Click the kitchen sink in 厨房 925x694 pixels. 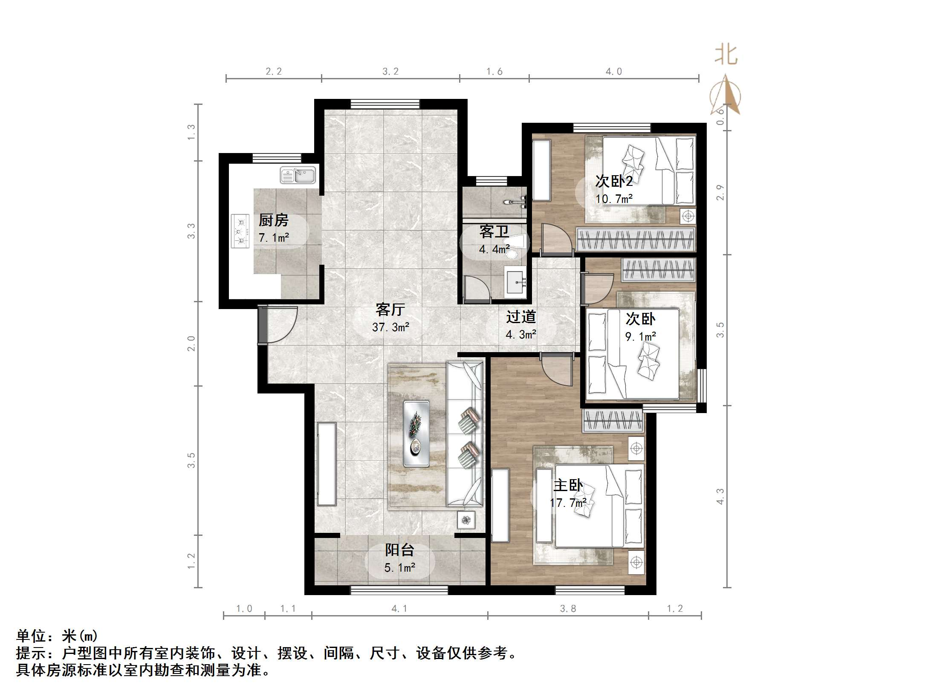pyautogui.click(x=298, y=175)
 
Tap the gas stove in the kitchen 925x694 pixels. pyautogui.click(x=240, y=231)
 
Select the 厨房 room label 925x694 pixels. pyautogui.click(x=273, y=220)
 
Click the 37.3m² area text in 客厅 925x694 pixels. pyautogui.click(x=390, y=327)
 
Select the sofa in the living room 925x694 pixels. pyautogui.click(x=465, y=434)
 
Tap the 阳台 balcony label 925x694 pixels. pyautogui.click(x=399, y=550)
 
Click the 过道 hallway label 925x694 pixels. pyautogui.click(x=520, y=317)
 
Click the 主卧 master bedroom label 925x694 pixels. pyautogui.click(x=568, y=486)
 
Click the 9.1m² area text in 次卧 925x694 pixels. pyautogui.click(x=640, y=337)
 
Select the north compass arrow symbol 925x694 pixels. pyautogui.click(x=726, y=96)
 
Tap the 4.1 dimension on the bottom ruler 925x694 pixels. pyautogui.click(x=399, y=609)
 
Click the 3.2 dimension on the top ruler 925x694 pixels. pyautogui.click(x=390, y=72)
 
